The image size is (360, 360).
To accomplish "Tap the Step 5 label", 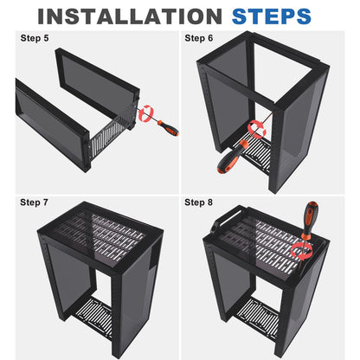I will coord(35,39).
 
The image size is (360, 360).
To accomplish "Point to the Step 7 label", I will coord(35,202).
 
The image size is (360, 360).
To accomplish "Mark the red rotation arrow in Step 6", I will coord(256,128).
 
